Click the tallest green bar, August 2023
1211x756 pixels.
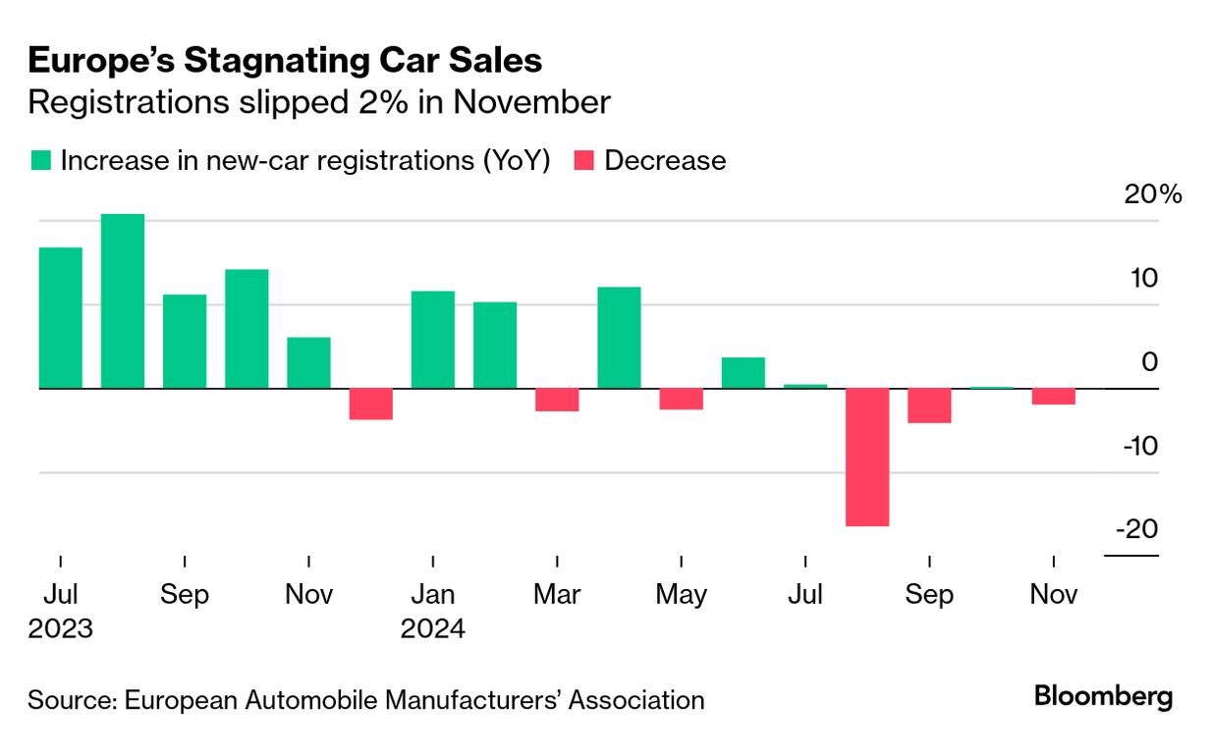(x=123, y=300)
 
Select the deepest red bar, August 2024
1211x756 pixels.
(x=867, y=457)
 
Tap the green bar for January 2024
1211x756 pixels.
(x=433, y=340)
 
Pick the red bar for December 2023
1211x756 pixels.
(x=371, y=404)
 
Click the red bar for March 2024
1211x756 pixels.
(x=557, y=400)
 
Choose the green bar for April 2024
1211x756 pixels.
(x=619, y=338)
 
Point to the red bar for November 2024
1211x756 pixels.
(x=1053, y=397)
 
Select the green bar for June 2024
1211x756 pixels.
(x=743, y=373)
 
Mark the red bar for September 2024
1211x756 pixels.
(x=929, y=405)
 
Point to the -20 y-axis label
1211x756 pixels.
(x=1136, y=530)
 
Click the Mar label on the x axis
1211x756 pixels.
(x=557, y=595)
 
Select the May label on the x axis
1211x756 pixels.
(x=681, y=595)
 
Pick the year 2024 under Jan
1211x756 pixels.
(x=432, y=628)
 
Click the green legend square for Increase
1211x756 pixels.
(x=40, y=161)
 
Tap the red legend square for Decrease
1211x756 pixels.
(x=584, y=161)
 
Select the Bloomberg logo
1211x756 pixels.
(x=1103, y=698)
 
